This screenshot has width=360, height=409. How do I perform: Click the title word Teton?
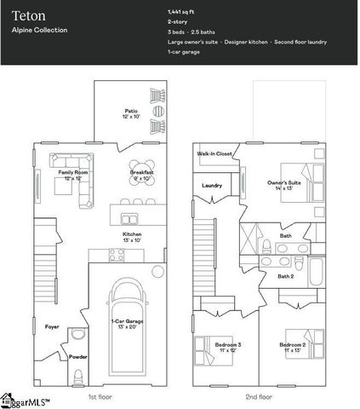[23, 14]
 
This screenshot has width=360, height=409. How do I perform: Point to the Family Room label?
[72, 175]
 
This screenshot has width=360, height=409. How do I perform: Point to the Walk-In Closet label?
[214, 154]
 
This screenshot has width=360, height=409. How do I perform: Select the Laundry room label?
[212, 185]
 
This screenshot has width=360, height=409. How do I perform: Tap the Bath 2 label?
[286, 276]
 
